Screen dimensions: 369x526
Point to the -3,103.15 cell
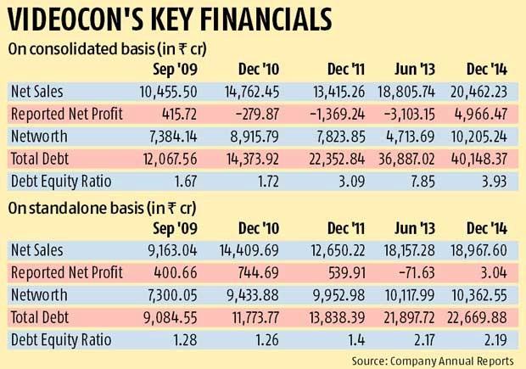point(403,114)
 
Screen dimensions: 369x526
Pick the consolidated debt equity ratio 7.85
point(416,180)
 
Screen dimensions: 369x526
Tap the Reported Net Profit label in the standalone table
point(66,272)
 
